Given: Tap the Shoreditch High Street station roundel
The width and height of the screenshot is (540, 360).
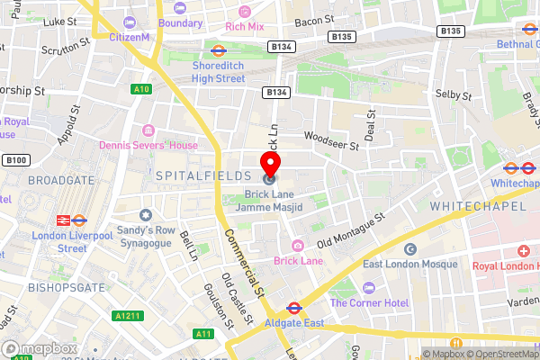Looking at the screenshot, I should click(218, 51).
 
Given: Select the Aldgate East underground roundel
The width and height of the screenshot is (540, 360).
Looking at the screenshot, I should click(292, 308).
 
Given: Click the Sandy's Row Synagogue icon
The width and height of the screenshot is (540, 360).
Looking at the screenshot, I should click(146, 216).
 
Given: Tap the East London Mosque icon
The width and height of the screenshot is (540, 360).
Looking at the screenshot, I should click(410, 249).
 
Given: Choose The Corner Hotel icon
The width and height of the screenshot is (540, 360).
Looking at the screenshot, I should click(367, 287).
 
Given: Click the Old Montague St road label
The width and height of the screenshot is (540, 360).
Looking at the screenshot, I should click(351, 229).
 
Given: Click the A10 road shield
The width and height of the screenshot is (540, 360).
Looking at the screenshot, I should click(140, 89).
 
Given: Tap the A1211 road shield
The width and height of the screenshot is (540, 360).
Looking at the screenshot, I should click(126, 316).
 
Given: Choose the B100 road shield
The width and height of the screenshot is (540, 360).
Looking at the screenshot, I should click(15, 160).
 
